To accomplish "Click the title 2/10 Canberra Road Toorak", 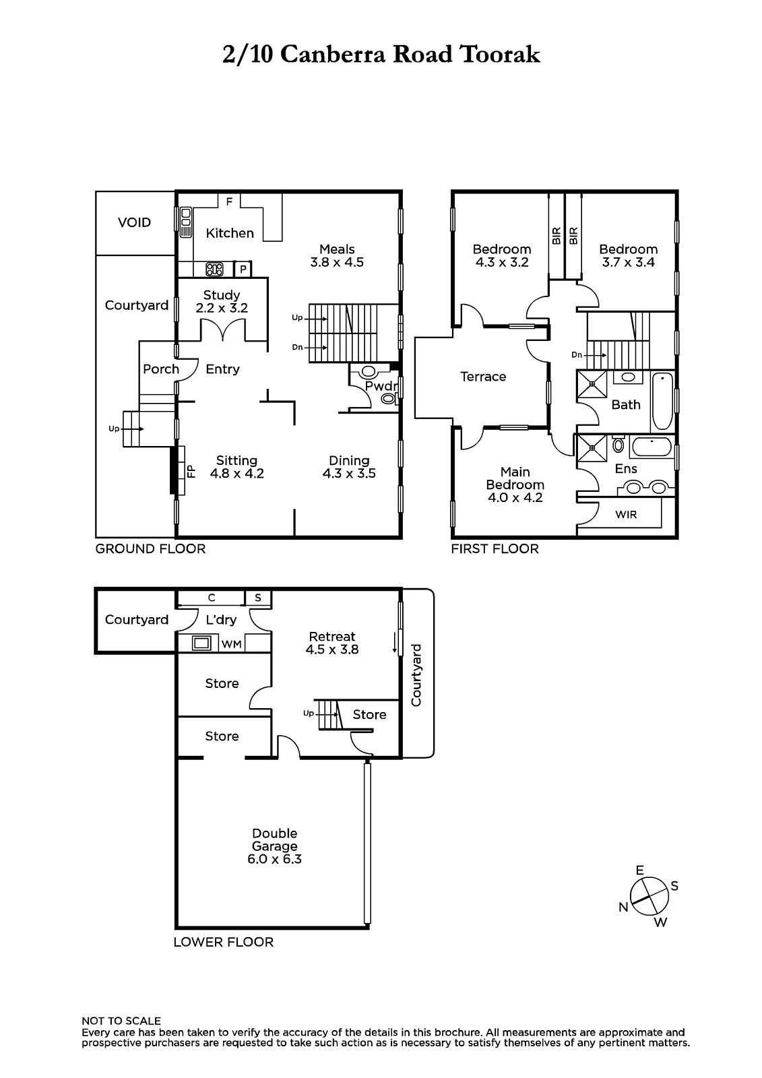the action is (x=381, y=55).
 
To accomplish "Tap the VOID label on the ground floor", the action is (x=134, y=222).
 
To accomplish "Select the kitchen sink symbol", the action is (x=186, y=222).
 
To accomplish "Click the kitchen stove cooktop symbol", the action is (x=214, y=269).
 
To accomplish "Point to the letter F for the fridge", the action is (x=229, y=201).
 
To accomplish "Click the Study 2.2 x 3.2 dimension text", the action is (x=222, y=308).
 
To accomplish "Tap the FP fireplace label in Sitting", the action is (x=191, y=471).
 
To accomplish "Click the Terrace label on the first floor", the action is (x=483, y=377).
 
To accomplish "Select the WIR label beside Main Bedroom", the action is (x=626, y=515).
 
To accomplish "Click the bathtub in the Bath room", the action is (x=662, y=401).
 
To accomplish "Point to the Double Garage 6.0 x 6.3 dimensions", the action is (x=274, y=859).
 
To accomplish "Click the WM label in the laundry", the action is (x=231, y=644).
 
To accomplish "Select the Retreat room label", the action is (x=332, y=636).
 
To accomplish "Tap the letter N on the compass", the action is (x=623, y=907).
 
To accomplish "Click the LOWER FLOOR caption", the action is (x=224, y=943).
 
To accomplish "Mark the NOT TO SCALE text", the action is (x=121, y=1021).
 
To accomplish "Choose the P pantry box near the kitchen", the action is (x=243, y=269).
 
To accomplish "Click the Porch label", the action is (x=161, y=369).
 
